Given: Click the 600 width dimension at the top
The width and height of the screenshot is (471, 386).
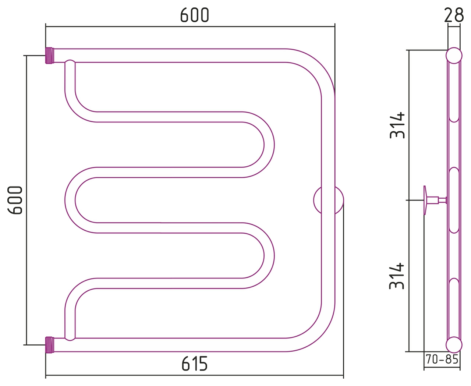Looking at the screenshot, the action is pyautogui.click(x=194, y=15).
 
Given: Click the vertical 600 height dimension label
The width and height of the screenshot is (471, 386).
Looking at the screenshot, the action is pyautogui.click(x=15, y=200).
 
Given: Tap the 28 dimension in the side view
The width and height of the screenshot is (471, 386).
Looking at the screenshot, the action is pyautogui.click(x=454, y=15).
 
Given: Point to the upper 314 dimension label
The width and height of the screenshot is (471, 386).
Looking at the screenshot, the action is pyautogui.click(x=397, y=125).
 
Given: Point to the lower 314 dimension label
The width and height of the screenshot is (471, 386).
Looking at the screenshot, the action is pyautogui.click(x=397, y=276).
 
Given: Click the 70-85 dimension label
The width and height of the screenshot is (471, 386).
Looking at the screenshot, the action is pyautogui.click(x=442, y=359).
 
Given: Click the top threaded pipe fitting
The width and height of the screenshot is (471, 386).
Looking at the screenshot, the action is pyautogui.click(x=50, y=56).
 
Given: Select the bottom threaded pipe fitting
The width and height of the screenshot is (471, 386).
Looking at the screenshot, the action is pyautogui.click(x=50, y=345).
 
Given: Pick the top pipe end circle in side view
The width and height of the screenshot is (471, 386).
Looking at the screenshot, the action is pyautogui.click(x=454, y=56).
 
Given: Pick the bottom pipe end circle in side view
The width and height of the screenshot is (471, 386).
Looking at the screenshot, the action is pyautogui.click(x=454, y=345).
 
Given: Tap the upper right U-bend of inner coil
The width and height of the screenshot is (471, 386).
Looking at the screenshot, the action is pyautogui.click(x=269, y=145).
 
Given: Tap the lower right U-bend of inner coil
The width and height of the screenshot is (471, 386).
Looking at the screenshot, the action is pyautogui.click(x=269, y=255).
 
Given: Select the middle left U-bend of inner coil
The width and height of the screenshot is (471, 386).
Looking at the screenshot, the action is pyautogui.click(x=70, y=200).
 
